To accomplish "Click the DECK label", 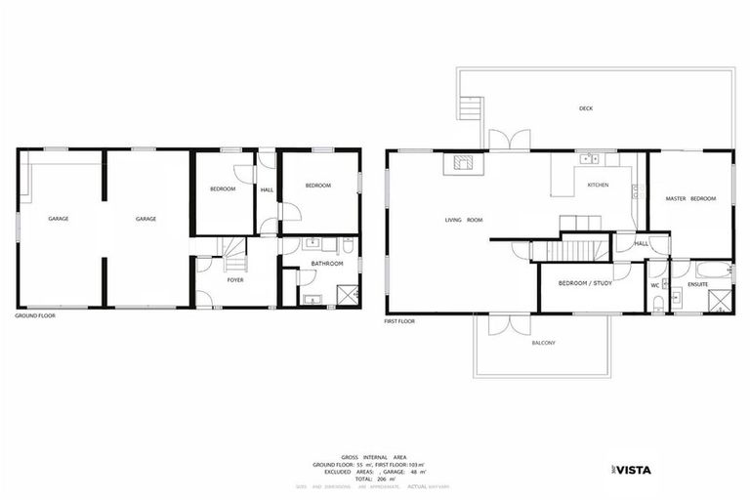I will point(585,108).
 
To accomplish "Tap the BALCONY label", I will point(543,343).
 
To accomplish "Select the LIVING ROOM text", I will point(464,220).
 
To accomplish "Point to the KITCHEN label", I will point(598,185).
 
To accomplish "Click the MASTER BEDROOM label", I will point(690,198).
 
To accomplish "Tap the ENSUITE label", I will point(696,284).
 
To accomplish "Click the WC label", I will point(655,284).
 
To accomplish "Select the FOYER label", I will point(235,279).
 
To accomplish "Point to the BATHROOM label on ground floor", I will point(327,263).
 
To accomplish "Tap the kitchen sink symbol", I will point(589,157).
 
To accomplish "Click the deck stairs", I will point(473,106).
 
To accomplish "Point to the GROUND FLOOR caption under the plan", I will point(36,316).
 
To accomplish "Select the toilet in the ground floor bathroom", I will point(347,246).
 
